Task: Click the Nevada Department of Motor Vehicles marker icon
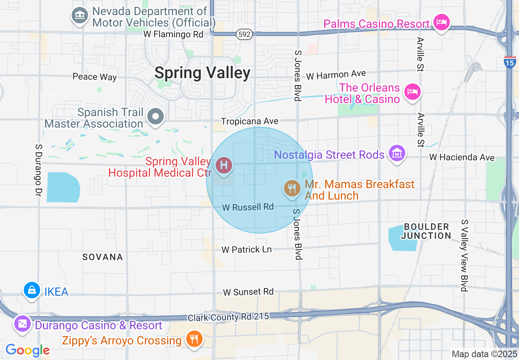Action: click(80, 16)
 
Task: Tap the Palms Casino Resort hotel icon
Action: click(441, 22)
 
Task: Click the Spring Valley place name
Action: click(202, 73)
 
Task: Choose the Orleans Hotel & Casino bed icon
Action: click(412, 91)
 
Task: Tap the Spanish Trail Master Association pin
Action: click(156, 117)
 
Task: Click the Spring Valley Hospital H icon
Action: click(224, 166)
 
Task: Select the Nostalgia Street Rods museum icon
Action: click(397, 153)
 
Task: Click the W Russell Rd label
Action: click(248, 207)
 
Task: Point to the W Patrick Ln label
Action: click(246, 249)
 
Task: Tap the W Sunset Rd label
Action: click(248, 292)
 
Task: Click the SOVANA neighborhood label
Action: click(103, 257)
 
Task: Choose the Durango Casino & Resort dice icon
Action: click(22, 324)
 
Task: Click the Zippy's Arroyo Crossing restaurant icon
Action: click(194, 339)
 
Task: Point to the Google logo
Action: click(27, 350)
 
